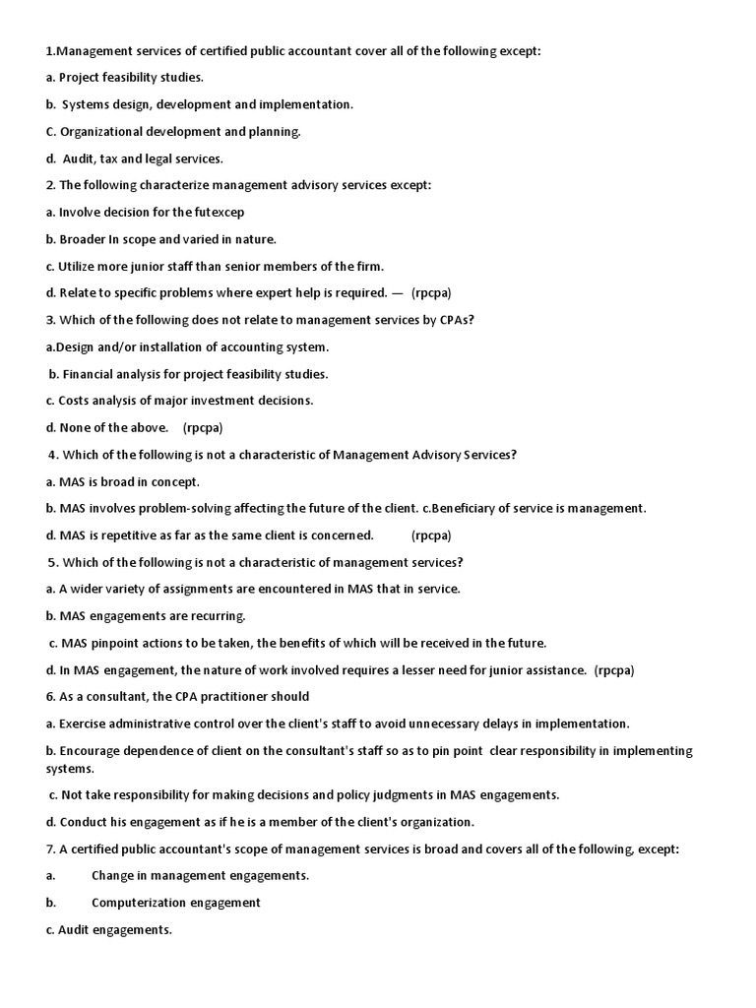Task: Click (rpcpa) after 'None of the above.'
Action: click(203, 427)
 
